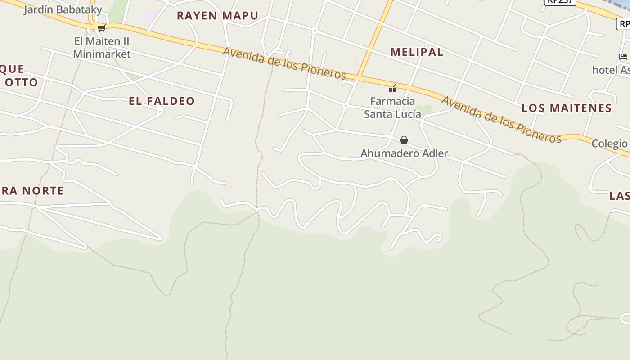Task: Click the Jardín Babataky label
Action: [63, 9]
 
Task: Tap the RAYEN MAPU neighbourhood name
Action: [217, 16]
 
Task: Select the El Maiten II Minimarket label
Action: [102, 48]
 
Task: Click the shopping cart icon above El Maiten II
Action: [101, 28]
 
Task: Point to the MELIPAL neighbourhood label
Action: [417, 52]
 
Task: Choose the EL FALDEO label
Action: [162, 101]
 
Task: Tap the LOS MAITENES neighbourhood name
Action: [567, 108]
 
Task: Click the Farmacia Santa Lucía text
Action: [392, 108]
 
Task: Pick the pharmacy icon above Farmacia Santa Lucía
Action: [392, 88]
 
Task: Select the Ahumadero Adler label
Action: [404, 153]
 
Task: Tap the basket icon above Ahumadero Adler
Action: [404, 140]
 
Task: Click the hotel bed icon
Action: [623, 57]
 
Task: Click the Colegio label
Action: [609, 144]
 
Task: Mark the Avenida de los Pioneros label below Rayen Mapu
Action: [284, 63]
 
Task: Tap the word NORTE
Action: [43, 191]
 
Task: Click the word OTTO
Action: [21, 82]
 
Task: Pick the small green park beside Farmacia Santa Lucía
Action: [423, 109]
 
